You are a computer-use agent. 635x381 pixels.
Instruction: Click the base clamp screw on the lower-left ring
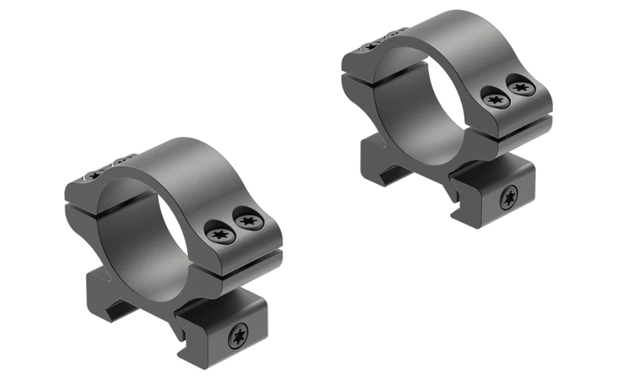pos(238,336)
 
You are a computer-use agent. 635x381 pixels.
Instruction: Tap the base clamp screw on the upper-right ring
pos(510,198)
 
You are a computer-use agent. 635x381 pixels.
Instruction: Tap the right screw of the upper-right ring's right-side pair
pos(521,89)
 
